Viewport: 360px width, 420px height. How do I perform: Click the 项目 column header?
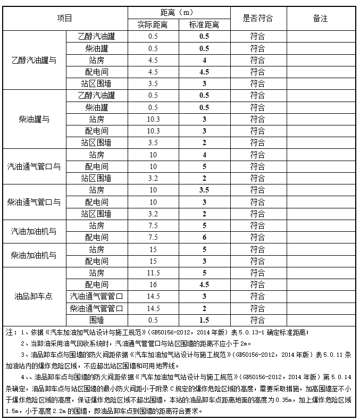pyautogui.click(x=65, y=18)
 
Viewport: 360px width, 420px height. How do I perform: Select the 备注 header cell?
pyautogui.click(x=320, y=18)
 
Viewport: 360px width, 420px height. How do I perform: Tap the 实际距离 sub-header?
pyautogui.click(x=153, y=24)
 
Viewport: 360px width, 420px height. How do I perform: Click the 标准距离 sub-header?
pyautogui.click(x=204, y=24)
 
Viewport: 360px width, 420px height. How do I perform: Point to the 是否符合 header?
pyautogui.click(x=257, y=18)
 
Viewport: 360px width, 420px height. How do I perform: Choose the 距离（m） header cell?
pyautogui.click(x=179, y=12)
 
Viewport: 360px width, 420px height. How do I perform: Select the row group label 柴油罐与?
pyautogui.click(x=34, y=119)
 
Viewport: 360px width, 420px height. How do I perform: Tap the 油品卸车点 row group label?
pyautogui.click(x=34, y=296)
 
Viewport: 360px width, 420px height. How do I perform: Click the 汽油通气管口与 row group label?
pyautogui.click(x=34, y=166)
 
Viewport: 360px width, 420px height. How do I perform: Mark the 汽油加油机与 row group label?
pyautogui.click(x=34, y=231)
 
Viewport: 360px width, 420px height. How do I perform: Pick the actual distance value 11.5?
pyautogui.click(x=153, y=273)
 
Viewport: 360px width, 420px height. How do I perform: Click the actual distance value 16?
pyautogui.click(x=153, y=284)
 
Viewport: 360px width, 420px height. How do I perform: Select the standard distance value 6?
pyautogui.click(x=204, y=237)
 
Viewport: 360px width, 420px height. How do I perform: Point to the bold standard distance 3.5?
pyautogui.click(x=204, y=190)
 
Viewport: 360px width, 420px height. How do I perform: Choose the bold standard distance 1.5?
pyautogui.click(x=204, y=320)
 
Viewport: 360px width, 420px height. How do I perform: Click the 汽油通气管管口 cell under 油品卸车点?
pyautogui.click(x=96, y=296)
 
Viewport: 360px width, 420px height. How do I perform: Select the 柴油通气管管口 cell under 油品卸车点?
pyautogui.click(x=96, y=308)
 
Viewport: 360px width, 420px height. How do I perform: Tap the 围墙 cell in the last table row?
pyautogui.click(x=96, y=320)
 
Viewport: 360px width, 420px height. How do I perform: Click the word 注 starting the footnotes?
pyautogui.click(x=9, y=332)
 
